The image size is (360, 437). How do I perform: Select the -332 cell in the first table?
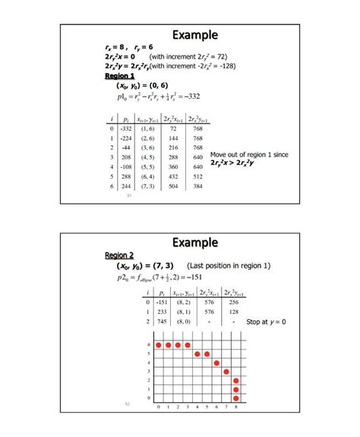point(128,130)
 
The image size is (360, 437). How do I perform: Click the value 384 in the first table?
point(198,185)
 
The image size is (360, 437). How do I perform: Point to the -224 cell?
point(128,139)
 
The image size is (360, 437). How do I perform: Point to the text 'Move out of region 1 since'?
point(249,154)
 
